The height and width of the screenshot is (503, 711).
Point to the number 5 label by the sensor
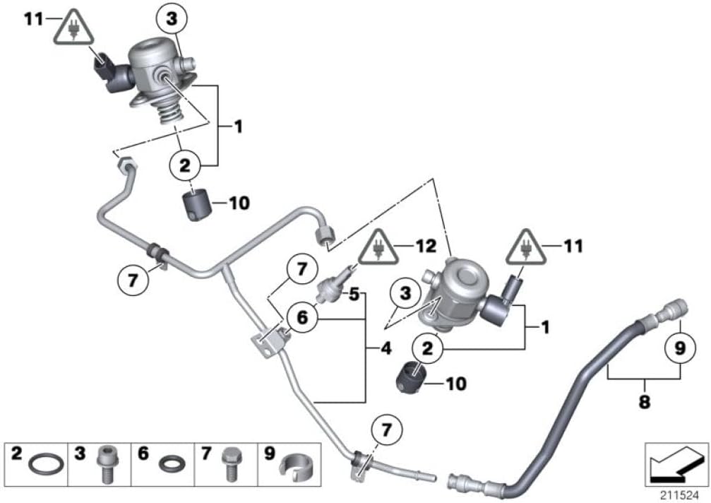[355, 291]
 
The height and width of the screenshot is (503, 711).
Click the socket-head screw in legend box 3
[104, 464]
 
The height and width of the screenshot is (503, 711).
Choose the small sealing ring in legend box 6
[169, 466]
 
